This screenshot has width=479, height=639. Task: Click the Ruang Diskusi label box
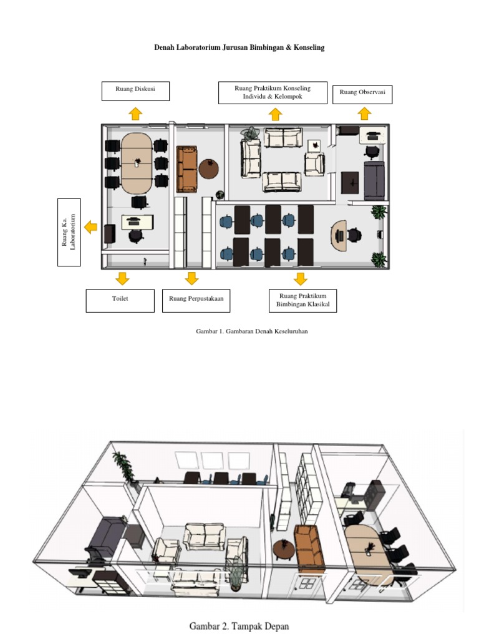pos(135,91)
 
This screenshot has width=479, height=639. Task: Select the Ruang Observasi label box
pos(362,95)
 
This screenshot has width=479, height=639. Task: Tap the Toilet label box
pos(120,301)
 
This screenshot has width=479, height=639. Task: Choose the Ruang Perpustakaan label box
pos(196,301)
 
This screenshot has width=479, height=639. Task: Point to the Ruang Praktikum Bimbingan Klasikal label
pos(302,301)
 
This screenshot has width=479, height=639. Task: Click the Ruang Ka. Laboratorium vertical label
pos(69,232)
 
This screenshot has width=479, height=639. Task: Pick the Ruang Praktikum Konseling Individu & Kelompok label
pos(273,92)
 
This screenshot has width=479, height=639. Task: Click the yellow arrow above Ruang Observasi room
pos(364,114)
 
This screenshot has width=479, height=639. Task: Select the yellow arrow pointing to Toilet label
pos(122,278)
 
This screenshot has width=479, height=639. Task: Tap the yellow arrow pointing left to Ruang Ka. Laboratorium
pos(91,227)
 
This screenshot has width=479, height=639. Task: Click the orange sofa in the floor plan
pos(186,169)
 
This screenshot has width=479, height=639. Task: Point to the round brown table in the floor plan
pos(208,169)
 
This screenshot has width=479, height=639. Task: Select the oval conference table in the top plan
pos(137,163)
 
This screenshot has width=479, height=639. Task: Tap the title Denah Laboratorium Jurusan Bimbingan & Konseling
pos(239,47)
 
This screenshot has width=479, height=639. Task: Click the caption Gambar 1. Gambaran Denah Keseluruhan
pos(252,331)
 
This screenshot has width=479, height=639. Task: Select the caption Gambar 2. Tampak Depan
pos(239,626)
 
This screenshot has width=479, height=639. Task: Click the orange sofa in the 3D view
pos(309,548)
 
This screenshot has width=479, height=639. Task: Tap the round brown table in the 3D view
pos(284,549)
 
